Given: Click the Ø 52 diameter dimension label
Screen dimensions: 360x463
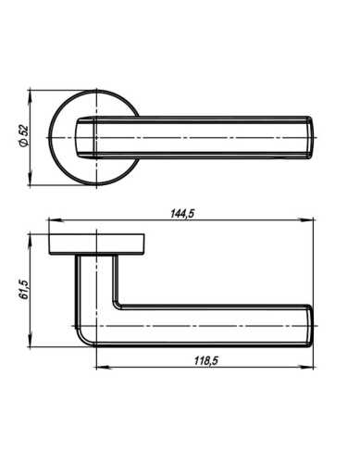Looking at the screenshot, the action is click(23, 136).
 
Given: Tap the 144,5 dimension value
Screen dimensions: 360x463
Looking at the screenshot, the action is click(182, 214).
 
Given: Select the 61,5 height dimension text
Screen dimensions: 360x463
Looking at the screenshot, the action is click(23, 289).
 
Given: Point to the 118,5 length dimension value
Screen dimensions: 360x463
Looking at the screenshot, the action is click(205, 360).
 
